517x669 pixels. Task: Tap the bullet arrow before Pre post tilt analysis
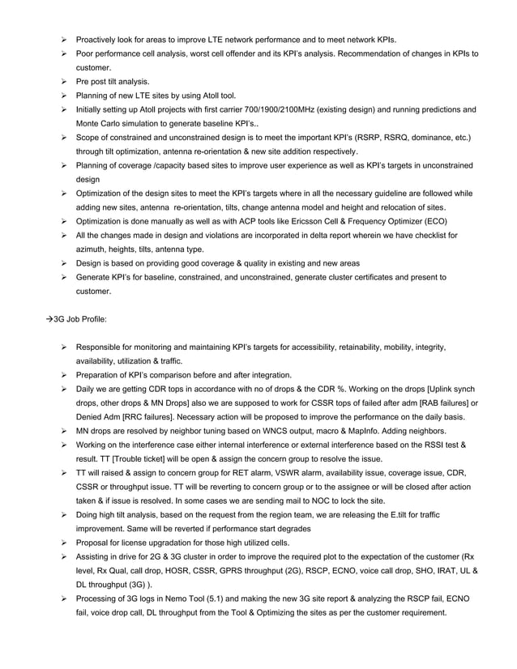pyautogui.click(x=64, y=81)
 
